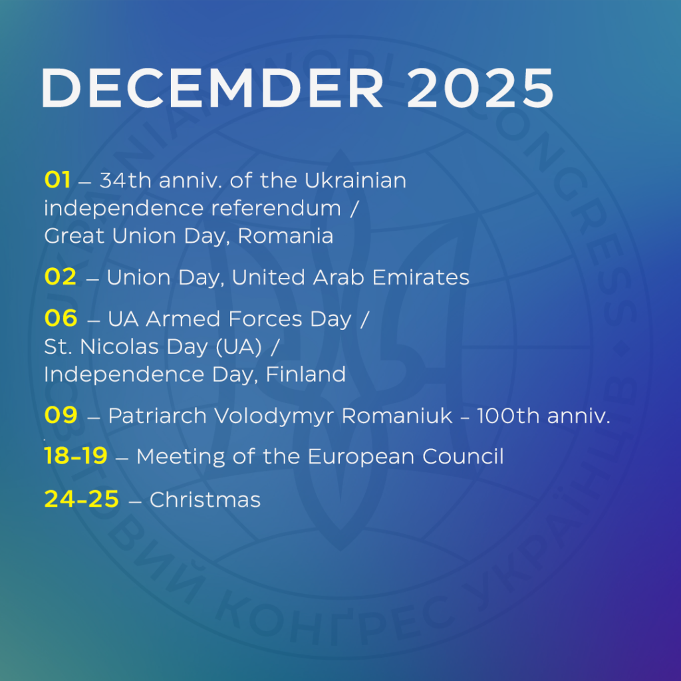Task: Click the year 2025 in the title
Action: coord(480,88)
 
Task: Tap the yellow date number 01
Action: coord(57,180)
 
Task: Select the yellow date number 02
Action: coord(61,277)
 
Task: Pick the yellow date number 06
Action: coord(61,319)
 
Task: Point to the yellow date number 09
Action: coord(61,415)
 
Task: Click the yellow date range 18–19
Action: coord(76,456)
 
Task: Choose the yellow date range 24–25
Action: coord(82,499)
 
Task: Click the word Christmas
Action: coord(205,499)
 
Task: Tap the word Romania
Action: coord(285,236)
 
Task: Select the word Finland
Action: coord(306,374)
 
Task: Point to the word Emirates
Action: coord(421,277)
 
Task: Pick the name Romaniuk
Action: coord(397,416)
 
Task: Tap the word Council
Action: coord(463,456)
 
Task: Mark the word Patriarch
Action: coord(158,416)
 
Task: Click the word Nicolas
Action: coord(120,346)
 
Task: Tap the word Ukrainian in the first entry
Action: coord(355,180)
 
